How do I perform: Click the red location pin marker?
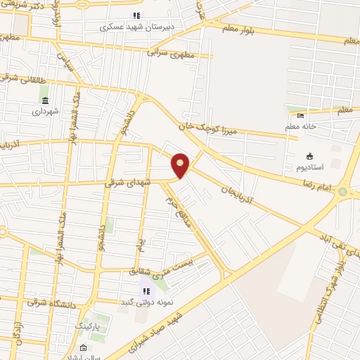pos(181,165)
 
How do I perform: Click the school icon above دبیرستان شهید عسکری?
pos(136,15)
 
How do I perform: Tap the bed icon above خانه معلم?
pos(301,115)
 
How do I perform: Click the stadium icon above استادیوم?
pos(308,156)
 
